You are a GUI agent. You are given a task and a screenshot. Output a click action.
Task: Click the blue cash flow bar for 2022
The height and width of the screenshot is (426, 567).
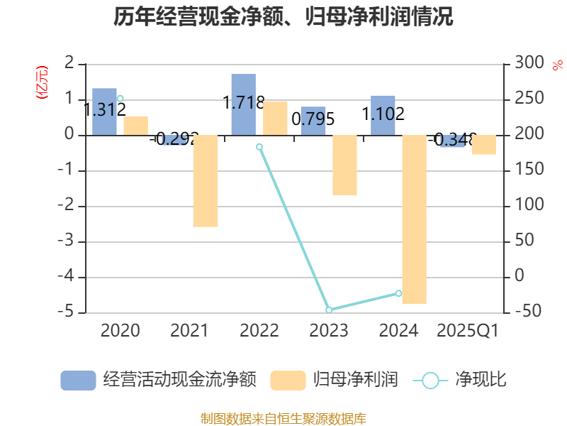point(243,104)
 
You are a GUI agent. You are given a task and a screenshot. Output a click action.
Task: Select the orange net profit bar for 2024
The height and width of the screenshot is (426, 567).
point(414,219)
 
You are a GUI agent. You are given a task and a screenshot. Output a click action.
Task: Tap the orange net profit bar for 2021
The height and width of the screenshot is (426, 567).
point(206,181)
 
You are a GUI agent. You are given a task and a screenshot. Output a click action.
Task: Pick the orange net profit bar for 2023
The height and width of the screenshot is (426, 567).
point(344,165)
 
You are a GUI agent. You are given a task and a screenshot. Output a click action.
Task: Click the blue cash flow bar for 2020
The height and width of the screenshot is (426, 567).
point(104,111)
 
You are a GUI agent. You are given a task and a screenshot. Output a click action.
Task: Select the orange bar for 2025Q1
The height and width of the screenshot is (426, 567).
point(483,145)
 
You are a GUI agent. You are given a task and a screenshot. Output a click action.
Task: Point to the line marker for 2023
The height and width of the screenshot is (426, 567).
point(329,310)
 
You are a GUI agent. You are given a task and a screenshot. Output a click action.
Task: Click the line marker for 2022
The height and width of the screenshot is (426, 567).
point(259,147)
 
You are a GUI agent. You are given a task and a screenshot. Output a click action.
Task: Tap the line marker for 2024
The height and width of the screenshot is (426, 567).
point(398,293)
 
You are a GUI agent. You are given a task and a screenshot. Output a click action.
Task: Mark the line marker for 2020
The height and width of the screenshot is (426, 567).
point(120,99)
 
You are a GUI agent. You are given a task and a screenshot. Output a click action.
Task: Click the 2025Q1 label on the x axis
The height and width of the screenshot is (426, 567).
point(468,331)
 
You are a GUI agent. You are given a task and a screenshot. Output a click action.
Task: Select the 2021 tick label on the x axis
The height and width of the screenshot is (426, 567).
point(190,331)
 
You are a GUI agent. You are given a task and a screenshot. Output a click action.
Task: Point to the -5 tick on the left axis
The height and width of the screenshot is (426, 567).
point(68,312)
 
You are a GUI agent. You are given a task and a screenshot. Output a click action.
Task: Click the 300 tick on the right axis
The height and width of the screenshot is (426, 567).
point(527,64)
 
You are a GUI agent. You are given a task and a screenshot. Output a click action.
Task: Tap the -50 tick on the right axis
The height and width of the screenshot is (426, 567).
point(527,312)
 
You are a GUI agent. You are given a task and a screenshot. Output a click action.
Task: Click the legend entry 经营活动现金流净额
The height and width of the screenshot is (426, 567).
point(159,380)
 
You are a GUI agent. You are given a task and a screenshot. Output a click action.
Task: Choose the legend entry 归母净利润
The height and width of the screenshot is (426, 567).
point(335,380)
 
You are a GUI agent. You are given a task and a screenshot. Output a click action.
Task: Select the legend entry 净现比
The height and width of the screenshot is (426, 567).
point(461,380)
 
